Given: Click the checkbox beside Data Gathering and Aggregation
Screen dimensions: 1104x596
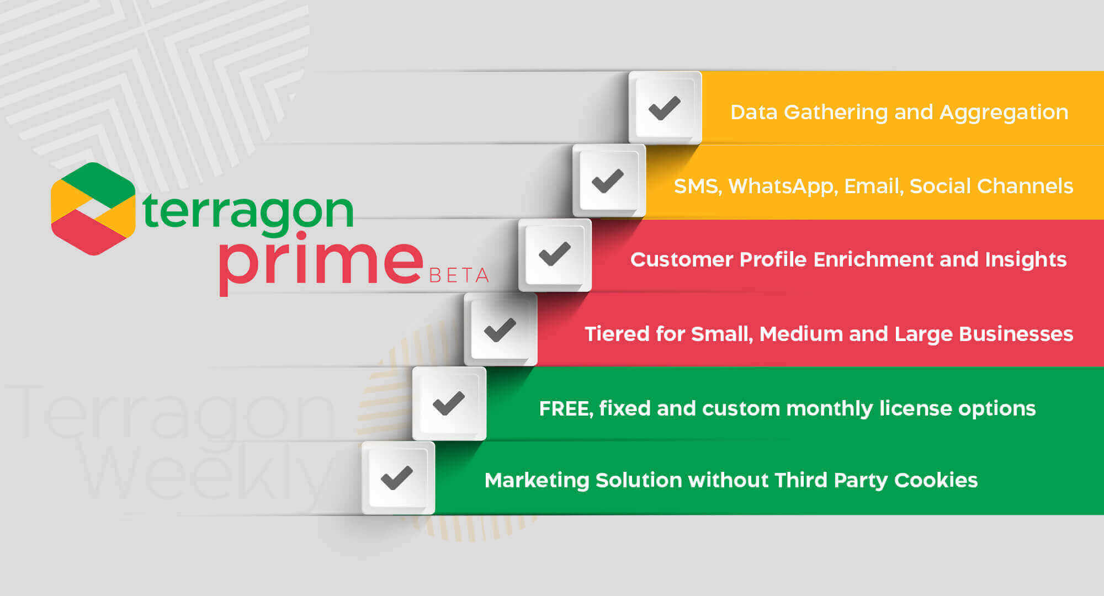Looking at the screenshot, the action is [665, 108].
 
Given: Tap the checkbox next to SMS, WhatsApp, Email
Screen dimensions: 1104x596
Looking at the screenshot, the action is [609, 180].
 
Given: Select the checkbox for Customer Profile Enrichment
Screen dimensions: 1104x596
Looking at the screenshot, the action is [555, 254].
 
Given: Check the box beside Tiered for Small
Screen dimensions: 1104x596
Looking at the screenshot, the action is [501, 329].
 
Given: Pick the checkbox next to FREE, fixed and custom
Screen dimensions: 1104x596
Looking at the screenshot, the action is [449, 403].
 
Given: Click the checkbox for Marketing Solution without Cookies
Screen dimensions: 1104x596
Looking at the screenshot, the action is [398, 478].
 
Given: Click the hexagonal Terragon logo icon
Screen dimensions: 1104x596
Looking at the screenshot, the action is [93, 209].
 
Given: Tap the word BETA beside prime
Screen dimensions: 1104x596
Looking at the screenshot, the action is [459, 275].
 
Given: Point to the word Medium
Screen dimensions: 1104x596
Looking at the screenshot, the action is [802, 334].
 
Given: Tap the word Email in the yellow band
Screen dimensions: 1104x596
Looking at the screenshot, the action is [874, 187].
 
